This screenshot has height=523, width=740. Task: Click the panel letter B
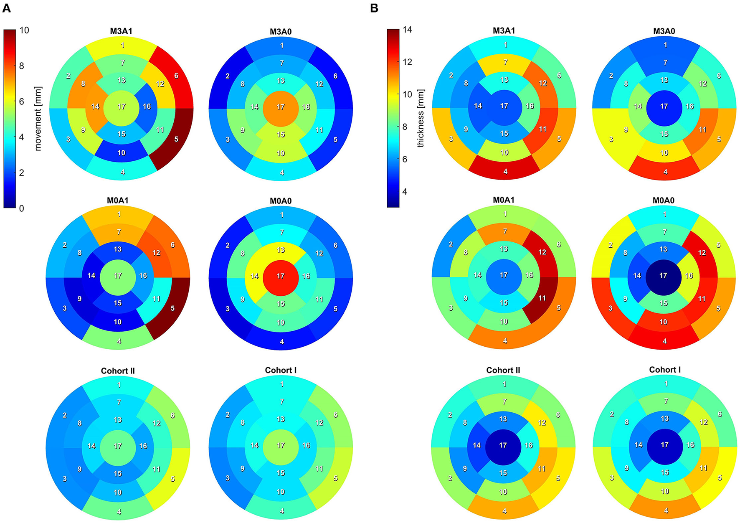pyautogui.click(x=374, y=8)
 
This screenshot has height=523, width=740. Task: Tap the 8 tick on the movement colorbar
pyautogui.click(x=21, y=66)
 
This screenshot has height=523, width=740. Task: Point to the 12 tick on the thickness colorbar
pyautogui.click(x=407, y=62)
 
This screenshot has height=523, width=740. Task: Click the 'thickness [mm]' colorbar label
pyautogui.click(x=421, y=118)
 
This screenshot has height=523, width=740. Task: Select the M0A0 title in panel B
pyautogui.click(x=664, y=201)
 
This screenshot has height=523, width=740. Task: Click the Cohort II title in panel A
pyautogui.click(x=118, y=371)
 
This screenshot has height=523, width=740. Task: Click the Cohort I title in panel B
pyautogui.click(x=665, y=370)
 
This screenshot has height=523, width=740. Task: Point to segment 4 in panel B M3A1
pyautogui.click(x=504, y=169)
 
